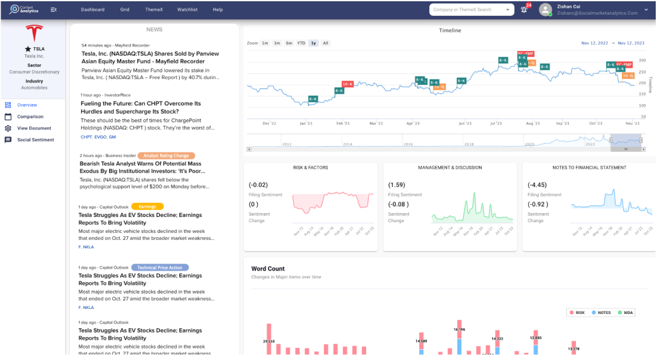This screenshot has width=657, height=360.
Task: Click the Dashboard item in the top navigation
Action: point(92,10)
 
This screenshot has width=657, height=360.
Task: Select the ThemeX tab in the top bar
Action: point(153,10)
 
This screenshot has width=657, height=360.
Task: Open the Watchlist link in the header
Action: point(188,10)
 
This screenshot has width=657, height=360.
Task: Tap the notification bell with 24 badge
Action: point(524,10)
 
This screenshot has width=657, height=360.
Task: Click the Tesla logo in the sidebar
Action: point(33,33)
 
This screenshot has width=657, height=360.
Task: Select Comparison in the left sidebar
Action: point(30,117)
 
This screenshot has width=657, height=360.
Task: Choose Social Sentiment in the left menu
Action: point(35,140)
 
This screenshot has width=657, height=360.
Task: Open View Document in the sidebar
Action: point(34,128)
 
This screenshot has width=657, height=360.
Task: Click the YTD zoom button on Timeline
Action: point(301,43)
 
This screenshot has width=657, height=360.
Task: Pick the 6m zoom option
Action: point(289,43)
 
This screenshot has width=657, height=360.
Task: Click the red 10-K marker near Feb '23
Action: point(348,84)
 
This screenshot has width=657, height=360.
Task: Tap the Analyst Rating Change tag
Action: point(166,155)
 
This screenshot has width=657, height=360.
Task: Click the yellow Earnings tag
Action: point(147,206)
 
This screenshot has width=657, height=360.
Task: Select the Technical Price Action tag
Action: point(159,267)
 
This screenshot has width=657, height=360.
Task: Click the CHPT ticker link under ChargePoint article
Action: point(86,137)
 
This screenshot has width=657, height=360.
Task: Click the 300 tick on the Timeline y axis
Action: point(642,60)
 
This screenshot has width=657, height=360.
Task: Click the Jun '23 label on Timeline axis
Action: point(464,123)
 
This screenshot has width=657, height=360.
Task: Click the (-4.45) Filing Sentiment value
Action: point(538,184)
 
